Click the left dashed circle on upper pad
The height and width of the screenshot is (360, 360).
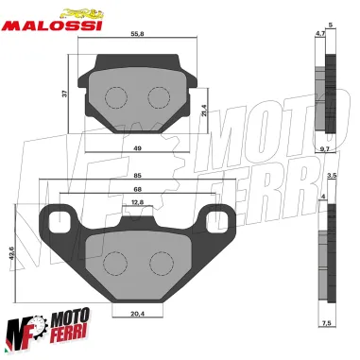(115, 96)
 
